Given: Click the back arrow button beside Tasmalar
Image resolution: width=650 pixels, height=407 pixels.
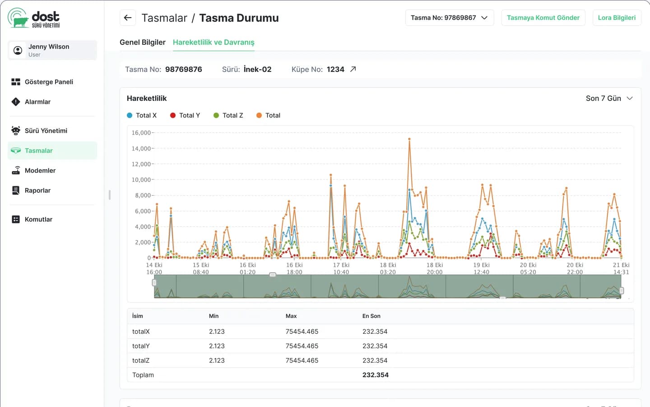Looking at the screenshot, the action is [x=128, y=18].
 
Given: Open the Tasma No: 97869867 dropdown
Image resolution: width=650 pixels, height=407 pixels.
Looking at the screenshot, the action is [x=450, y=18].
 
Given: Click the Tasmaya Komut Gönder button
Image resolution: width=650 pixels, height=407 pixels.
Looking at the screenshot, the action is [x=543, y=18].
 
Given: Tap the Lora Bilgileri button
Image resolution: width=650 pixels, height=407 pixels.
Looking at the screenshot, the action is [x=617, y=18].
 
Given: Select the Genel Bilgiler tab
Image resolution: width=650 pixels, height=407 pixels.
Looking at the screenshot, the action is [x=143, y=42].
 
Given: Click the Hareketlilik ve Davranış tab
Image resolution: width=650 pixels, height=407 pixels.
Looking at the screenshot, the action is [x=214, y=42].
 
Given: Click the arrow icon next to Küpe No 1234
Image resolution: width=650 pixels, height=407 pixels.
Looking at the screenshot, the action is [x=353, y=69].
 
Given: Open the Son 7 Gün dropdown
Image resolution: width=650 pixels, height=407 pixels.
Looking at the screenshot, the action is [x=609, y=98].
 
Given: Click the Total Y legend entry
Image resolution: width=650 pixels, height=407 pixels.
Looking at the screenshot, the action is [x=185, y=115].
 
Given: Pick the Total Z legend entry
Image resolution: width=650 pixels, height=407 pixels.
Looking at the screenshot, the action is [x=228, y=115].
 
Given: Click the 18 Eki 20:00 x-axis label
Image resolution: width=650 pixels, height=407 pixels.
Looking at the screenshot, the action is [x=434, y=269].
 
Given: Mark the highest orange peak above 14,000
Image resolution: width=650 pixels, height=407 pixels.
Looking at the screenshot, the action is [x=409, y=139].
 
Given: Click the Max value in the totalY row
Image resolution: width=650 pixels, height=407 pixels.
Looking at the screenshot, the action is [x=302, y=346].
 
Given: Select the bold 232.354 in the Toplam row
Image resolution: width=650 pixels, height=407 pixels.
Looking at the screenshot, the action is [x=375, y=375].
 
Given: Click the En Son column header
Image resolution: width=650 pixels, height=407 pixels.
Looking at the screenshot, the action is [x=371, y=316].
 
